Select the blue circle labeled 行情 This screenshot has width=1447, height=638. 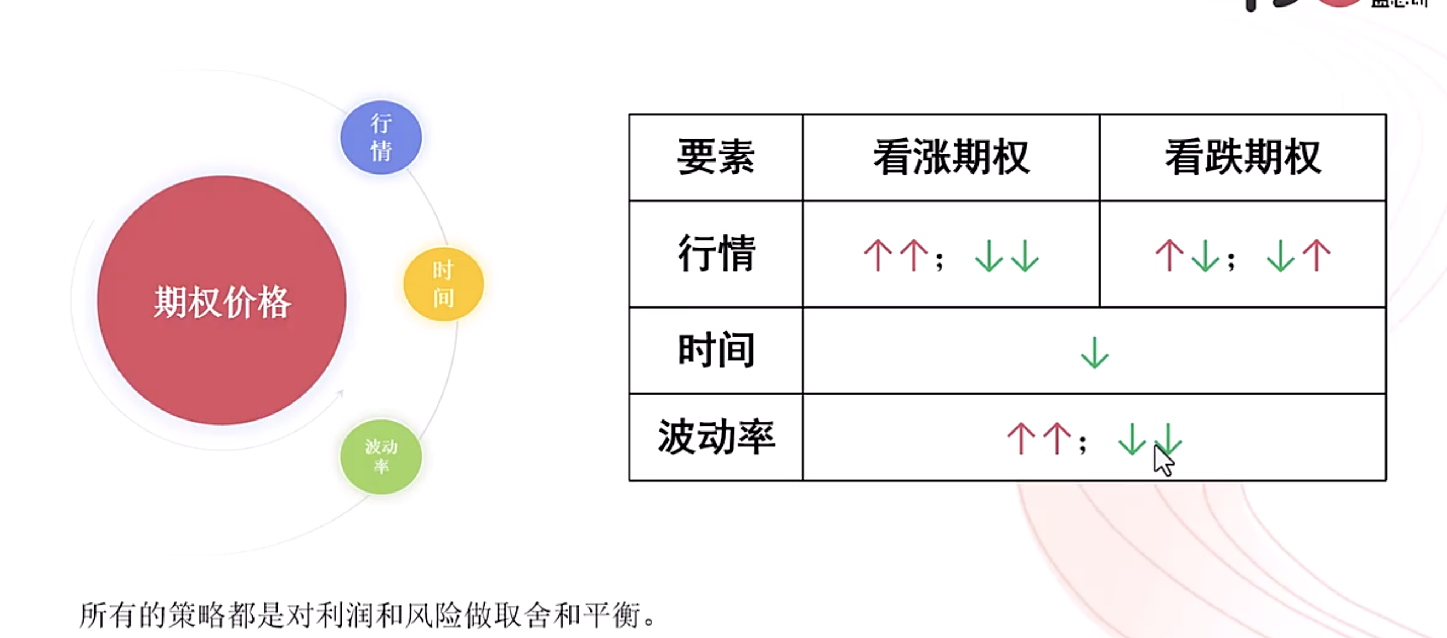tap(381, 137)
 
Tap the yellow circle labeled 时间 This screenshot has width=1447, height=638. tap(443, 284)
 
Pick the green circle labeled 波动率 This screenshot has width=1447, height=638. tap(381, 456)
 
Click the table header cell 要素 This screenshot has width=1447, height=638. tap(716, 158)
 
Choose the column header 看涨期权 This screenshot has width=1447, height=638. tap(951, 158)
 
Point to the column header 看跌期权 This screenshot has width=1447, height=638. tap(1242, 158)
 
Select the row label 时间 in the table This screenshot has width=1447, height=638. tap(716, 350)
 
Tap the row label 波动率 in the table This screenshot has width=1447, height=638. tap(716, 436)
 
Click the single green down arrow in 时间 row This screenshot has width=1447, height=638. tap(1094, 352)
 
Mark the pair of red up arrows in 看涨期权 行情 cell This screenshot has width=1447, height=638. tap(896, 256)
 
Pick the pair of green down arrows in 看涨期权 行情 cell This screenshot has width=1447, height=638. tap(1007, 256)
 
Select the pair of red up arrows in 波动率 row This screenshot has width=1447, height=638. tap(1039, 439)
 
